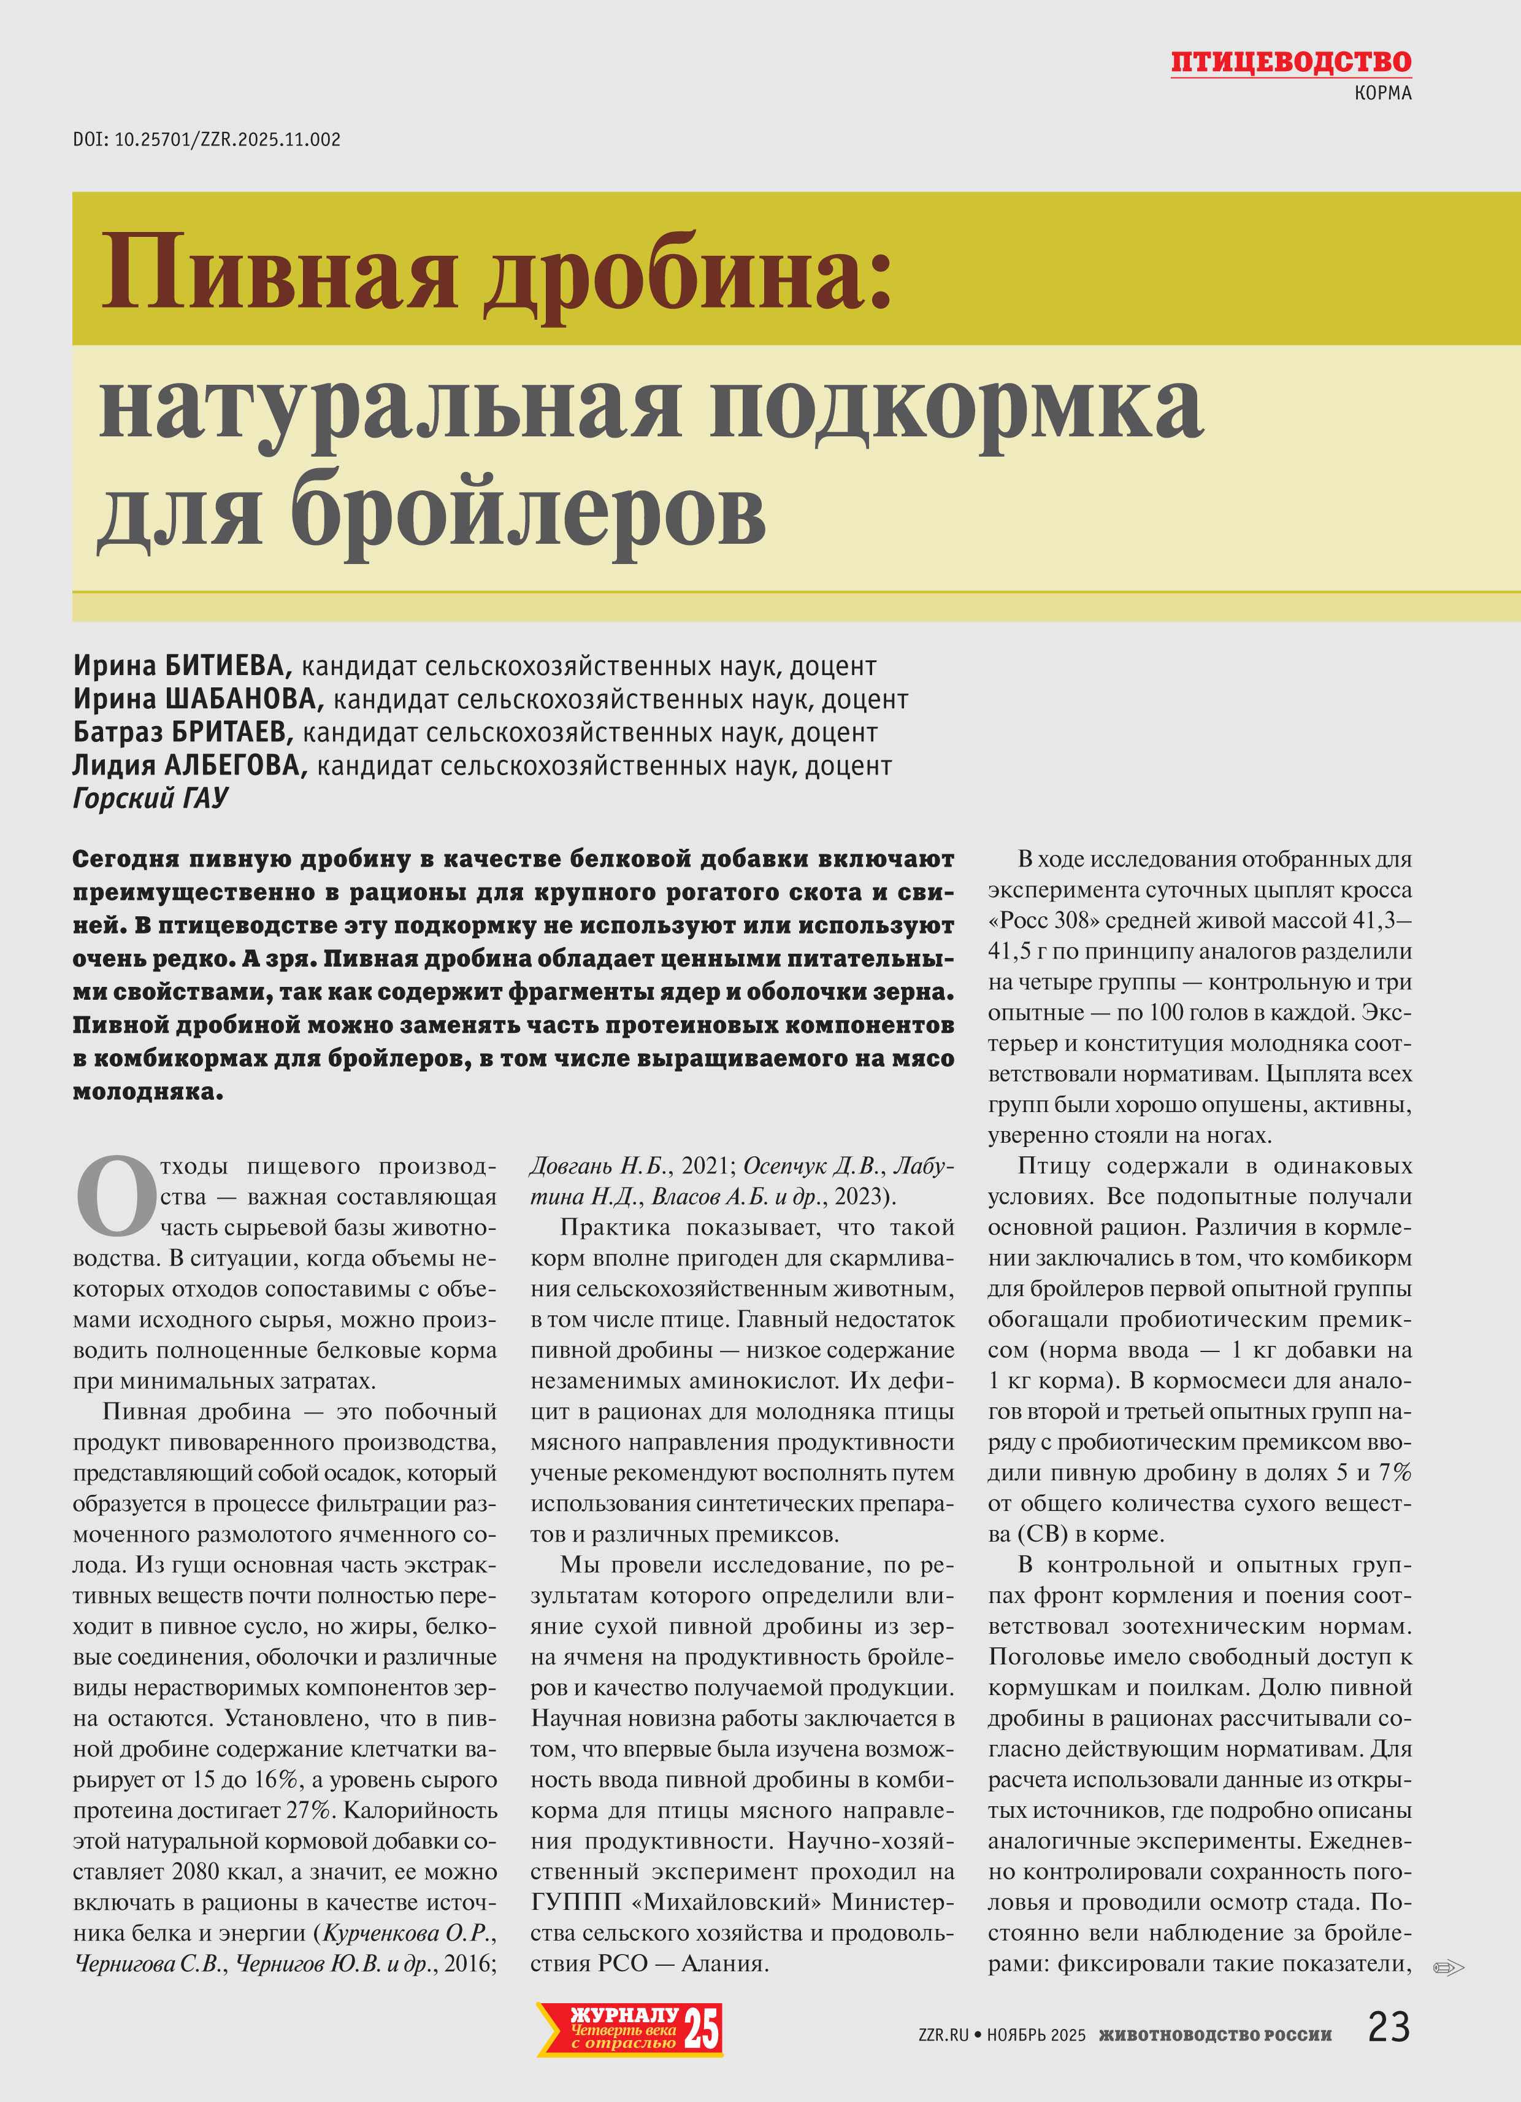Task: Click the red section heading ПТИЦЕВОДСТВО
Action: [x=1290, y=62]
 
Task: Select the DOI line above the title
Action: [x=207, y=140]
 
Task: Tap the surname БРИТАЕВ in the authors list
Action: [x=229, y=732]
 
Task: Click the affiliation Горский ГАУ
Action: [x=150, y=798]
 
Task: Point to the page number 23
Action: [x=1389, y=2027]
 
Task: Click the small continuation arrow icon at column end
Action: [x=1448, y=1967]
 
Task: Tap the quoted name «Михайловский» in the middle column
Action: [x=732, y=1902]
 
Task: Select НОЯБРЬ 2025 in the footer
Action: [x=1036, y=2035]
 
